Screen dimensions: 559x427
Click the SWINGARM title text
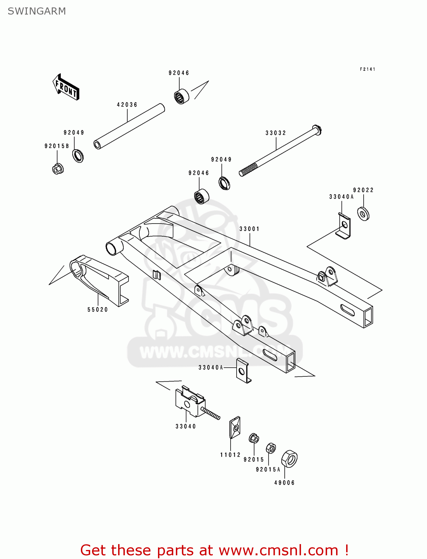tap(37, 11)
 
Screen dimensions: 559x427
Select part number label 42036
tap(127, 105)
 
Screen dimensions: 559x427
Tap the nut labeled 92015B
tap(58, 169)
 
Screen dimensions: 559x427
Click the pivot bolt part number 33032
tap(276, 133)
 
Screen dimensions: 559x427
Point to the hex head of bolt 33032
tap(317, 130)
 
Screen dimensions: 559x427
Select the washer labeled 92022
tap(363, 214)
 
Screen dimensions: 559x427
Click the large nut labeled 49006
tap(289, 459)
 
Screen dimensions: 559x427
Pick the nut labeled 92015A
tap(271, 448)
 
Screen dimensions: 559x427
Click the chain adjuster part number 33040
tap(186, 426)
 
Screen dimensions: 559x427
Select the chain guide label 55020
tap(98, 310)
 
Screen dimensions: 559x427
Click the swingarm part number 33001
tap(249, 229)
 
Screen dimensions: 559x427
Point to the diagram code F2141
tap(367, 69)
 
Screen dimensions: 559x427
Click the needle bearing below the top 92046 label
tap(181, 97)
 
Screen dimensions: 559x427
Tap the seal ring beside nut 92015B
tap(78, 155)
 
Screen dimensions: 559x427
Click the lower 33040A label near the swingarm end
tap(211, 367)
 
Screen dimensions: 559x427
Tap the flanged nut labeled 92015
tap(254, 439)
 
